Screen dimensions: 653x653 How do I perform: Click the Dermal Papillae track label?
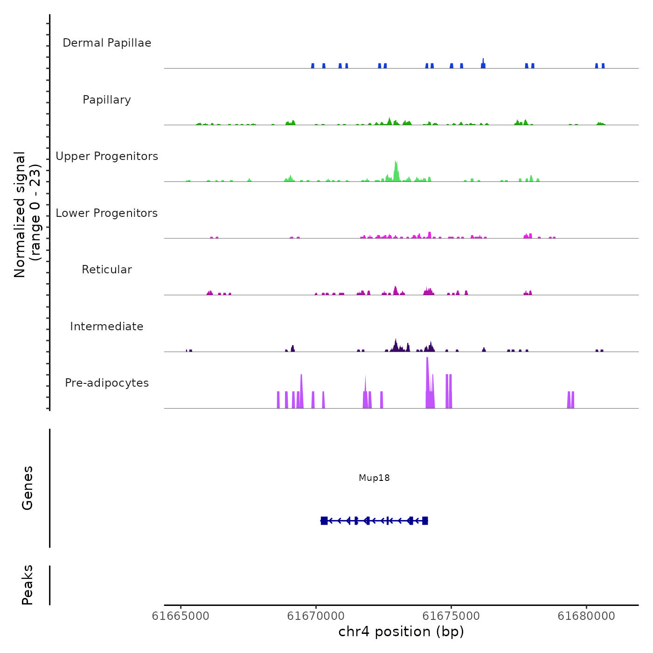click(x=107, y=43)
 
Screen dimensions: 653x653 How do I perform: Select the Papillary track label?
click(x=107, y=100)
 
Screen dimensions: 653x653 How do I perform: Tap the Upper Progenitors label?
click(x=107, y=156)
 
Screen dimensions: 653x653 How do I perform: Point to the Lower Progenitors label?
click(x=107, y=213)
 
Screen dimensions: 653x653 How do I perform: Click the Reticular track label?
click(x=107, y=270)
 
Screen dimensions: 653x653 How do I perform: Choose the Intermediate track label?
click(x=107, y=326)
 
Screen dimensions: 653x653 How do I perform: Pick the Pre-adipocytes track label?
click(x=107, y=383)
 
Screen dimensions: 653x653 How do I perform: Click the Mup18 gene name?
click(x=374, y=478)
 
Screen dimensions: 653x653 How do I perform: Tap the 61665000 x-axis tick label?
click(x=181, y=616)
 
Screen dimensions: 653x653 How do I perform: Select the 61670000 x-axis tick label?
click(x=316, y=616)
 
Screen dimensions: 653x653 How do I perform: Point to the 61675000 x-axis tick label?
click(x=451, y=616)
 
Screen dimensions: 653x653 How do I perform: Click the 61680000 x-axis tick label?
click(x=586, y=616)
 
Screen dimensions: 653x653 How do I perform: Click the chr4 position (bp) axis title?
click(x=401, y=632)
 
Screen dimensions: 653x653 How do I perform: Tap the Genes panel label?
click(x=28, y=488)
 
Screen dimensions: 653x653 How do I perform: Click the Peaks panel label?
click(x=28, y=585)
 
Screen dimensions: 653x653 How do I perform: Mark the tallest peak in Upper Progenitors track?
click(x=396, y=163)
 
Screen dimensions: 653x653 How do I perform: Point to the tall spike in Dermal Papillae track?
click(x=483, y=61)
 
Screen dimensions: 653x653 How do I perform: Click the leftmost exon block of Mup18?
click(x=324, y=521)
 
